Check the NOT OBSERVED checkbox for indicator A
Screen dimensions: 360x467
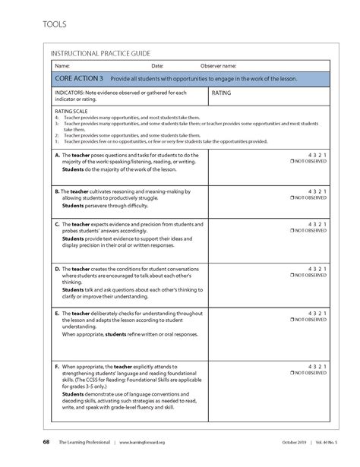click(x=292, y=163)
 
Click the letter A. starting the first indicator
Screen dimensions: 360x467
click(x=58, y=155)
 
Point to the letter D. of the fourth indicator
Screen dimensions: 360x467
click(x=58, y=269)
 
